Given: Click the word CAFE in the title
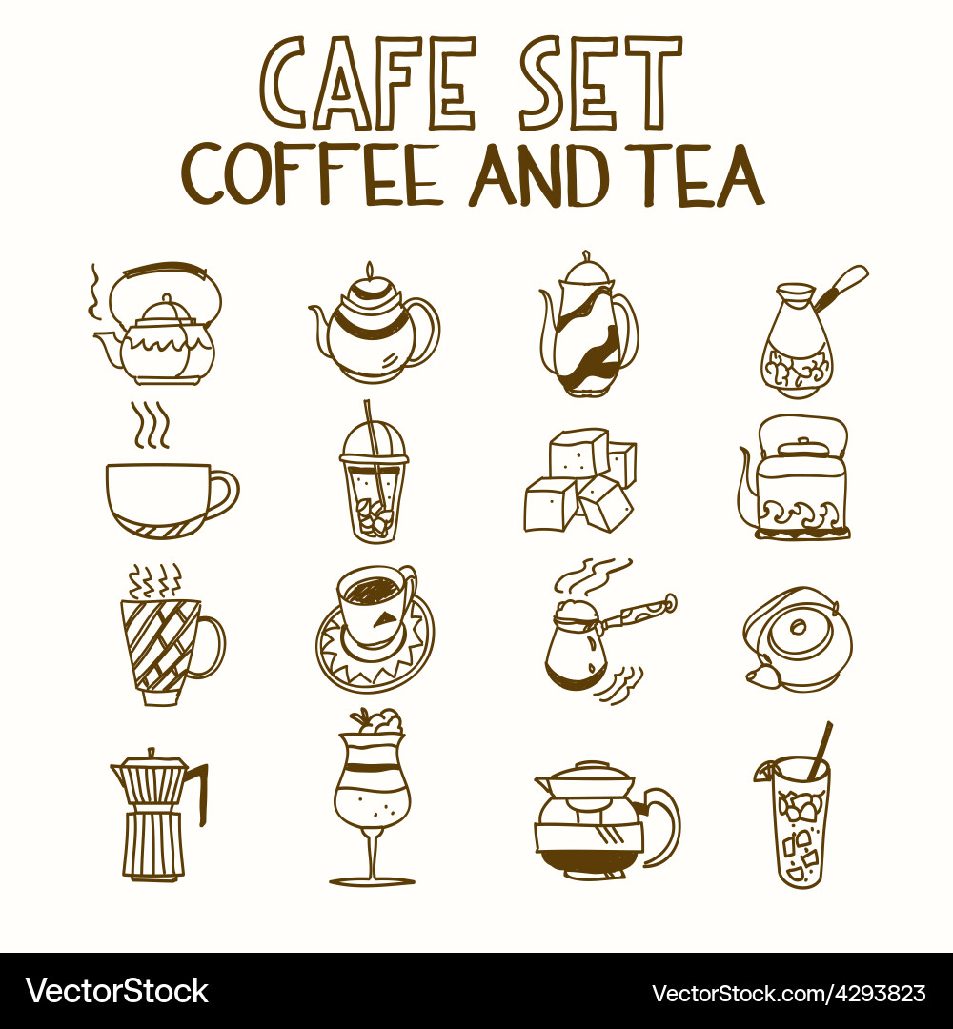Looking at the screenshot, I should click(x=366, y=82).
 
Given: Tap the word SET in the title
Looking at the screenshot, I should click(x=600, y=82).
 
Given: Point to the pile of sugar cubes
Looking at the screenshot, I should click(x=579, y=481).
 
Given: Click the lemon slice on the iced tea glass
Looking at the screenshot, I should click(x=764, y=772).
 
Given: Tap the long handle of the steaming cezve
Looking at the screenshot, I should click(x=639, y=615).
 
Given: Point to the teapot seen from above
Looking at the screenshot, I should click(x=799, y=638).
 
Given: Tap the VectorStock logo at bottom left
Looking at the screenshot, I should click(x=116, y=991).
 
